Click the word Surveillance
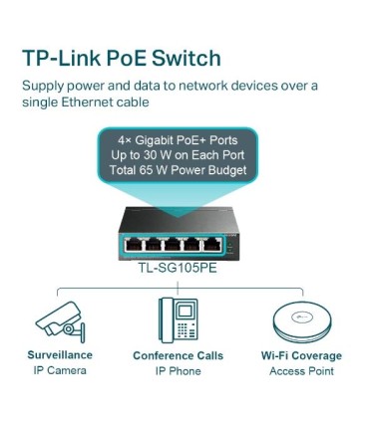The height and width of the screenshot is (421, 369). pyautogui.click(x=60, y=355)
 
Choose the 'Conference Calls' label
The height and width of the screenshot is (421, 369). pyautogui.click(x=178, y=355)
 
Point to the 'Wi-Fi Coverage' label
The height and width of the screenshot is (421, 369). pyautogui.click(x=300, y=355)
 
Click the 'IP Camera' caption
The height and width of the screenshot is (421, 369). pyautogui.click(x=60, y=371)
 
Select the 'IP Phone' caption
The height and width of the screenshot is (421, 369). pyautogui.click(x=178, y=371)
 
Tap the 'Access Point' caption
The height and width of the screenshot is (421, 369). pyautogui.click(x=300, y=371)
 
